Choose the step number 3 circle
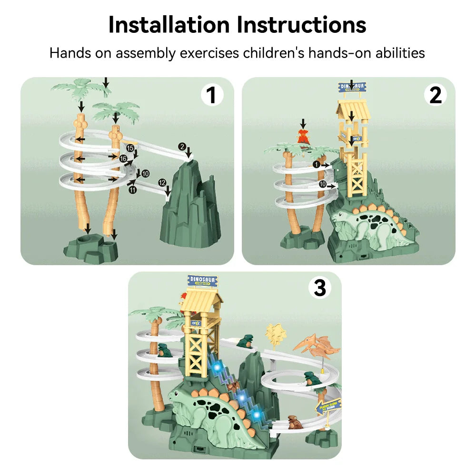pyautogui.click(x=320, y=288)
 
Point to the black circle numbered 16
pyautogui.click(x=123, y=159)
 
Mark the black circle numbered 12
pyautogui.click(x=162, y=182)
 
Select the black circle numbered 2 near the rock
pyautogui.click(x=182, y=147)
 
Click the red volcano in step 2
pyautogui.click(x=302, y=137)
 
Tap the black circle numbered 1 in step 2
pyautogui.click(x=316, y=165)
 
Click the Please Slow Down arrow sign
pyautogui.click(x=328, y=407)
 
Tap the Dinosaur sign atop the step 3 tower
pyautogui.click(x=203, y=280)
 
